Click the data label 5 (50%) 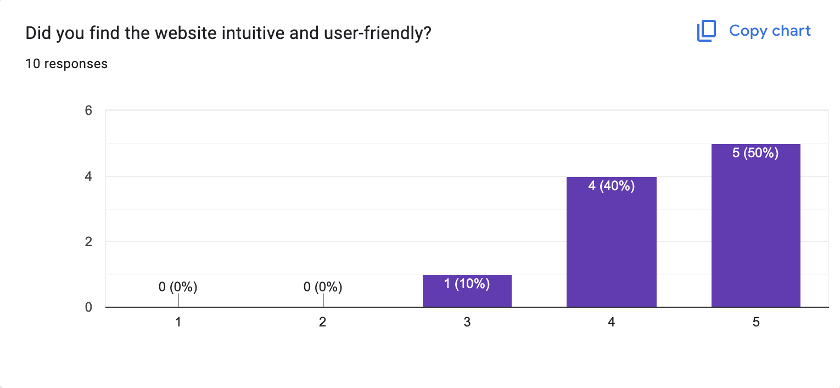pyautogui.click(x=755, y=153)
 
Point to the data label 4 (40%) pyautogui.click(x=611, y=186)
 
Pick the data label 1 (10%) pyautogui.click(x=467, y=284)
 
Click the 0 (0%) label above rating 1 pyautogui.click(x=178, y=286)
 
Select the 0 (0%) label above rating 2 pyautogui.click(x=323, y=286)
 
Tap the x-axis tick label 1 pyautogui.click(x=178, y=323)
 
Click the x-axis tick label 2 pyautogui.click(x=323, y=323)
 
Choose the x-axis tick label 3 pyautogui.click(x=467, y=323)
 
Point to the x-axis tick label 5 pyautogui.click(x=755, y=323)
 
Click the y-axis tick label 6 pyautogui.click(x=87, y=110)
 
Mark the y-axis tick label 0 pyautogui.click(x=87, y=307)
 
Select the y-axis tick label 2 pyautogui.click(x=87, y=242)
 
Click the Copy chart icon pyautogui.click(x=707, y=31)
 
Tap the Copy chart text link pyautogui.click(x=770, y=31)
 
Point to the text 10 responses pyautogui.click(x=66, y=64)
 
